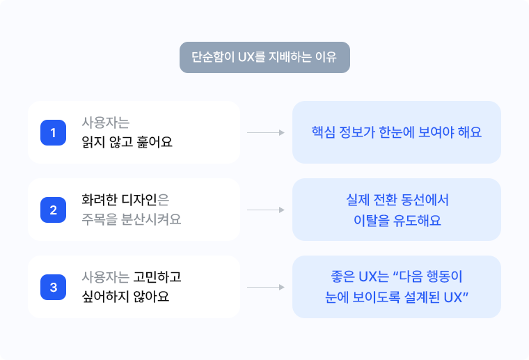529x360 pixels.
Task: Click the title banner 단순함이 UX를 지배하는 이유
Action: pyautogui.click(x=264, y=58)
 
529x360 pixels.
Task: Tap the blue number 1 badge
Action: pyautogui.click(x=53, y=132)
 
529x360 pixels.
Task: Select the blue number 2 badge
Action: pyautogui.click(x=53, y=210)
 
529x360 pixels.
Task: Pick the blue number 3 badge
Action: pyautogui.click(x=53, y=287)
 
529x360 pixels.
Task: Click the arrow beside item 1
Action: pyautogui.click(x=265, y=132)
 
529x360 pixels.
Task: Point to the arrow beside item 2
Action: pyautogui.click(x=265, y=210)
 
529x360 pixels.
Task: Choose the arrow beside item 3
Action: pyautogui.click(x=265, y=287)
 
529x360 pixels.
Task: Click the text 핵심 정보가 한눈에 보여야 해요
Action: pyautogui.click(x=397, y=132)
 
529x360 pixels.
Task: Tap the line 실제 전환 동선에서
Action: pyautogui.click(x=397, y=201)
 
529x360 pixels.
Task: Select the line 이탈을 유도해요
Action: pyautogui.click(x=397, y=220)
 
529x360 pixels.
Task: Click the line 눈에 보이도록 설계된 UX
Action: pyautogui.click(x=397, y=297)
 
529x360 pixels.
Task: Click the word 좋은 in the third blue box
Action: pyautogui.click(x=338, y=277)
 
